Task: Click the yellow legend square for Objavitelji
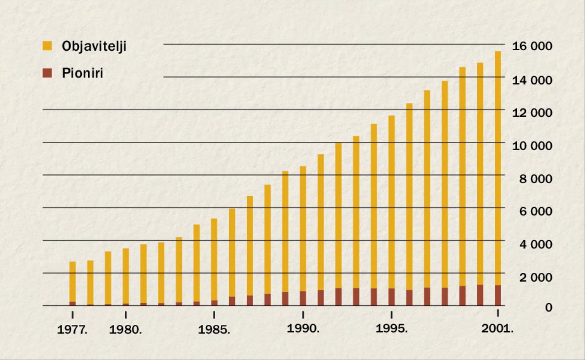47,46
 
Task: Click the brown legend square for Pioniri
47,74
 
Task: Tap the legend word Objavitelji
94,47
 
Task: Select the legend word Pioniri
82,74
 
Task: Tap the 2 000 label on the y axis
535,277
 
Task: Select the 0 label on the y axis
548,307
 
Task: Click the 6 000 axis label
535,211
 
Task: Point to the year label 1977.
73,329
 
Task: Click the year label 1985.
214,329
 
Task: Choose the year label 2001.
498,328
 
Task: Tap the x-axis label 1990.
303,328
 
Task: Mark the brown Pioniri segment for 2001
498,295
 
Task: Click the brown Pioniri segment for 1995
391,297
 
